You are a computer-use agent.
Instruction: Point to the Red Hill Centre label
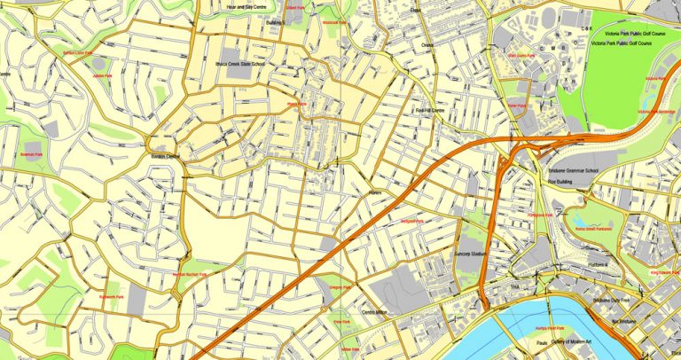(x=430, y=111)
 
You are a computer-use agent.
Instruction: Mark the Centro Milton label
(x=376, y=312)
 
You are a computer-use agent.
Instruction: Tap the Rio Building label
(x=559, y=181)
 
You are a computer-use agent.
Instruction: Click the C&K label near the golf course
(x=586, y=27)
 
